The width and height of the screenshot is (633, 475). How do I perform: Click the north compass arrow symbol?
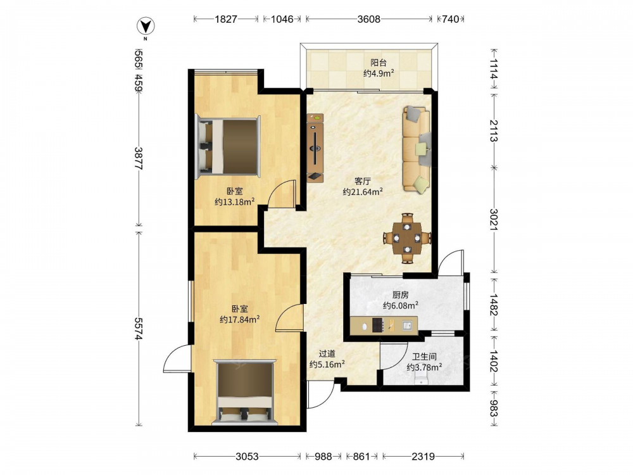(146, 27)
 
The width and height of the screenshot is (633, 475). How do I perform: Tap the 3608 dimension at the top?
(368, 19)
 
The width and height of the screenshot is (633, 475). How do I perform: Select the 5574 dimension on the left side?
(139, 329)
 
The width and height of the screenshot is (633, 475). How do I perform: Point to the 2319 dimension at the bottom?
(423, 457)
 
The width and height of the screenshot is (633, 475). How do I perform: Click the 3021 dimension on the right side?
(493, 219)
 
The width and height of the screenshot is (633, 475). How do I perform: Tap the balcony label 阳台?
(379, 63)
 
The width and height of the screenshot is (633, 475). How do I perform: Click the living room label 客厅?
(363, 181)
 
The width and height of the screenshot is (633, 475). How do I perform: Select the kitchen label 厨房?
(401, 295)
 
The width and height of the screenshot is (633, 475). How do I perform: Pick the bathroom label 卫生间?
(424, 357)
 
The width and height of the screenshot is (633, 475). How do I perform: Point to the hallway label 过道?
(327, 354)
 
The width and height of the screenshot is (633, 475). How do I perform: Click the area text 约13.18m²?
(235, 201)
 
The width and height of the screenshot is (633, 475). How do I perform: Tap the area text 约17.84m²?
(240, 319)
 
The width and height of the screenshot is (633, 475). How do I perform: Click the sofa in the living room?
(417, 149)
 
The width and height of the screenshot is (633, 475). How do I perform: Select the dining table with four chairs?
(407, 238)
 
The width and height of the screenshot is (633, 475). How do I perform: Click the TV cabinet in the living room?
(315, 148)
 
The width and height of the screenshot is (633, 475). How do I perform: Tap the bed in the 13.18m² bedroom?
(228, 147)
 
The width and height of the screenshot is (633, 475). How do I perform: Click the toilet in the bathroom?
(421, 379)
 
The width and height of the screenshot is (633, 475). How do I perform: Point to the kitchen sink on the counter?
(407, 325)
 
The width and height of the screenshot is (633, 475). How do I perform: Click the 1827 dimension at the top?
(226, 19)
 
